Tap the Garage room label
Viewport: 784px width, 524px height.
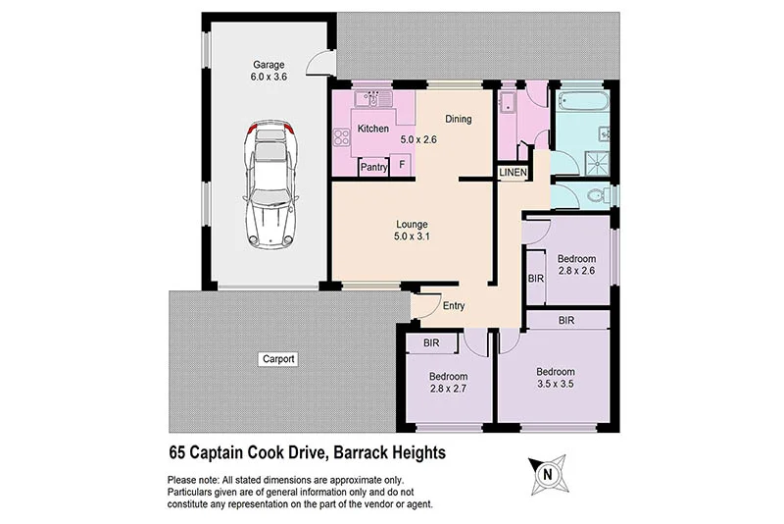[x=267, y=66]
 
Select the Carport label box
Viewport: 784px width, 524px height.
[x=277, y=359]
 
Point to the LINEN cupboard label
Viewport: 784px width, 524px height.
[x=514, y=173]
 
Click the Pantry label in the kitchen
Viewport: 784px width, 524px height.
[x=373, y=167]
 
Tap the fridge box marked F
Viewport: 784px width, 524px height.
[x=402, y=167]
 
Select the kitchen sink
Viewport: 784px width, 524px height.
[x=372, y=98]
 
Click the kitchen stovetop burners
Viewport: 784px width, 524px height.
[x=344, y=138]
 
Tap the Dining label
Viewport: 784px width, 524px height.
[x=459, y=120]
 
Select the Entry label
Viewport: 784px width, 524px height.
[x=453, y=306]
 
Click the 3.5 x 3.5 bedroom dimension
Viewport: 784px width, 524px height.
[x=555, y=386]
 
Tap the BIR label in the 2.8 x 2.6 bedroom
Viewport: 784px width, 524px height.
[x=535, y=280]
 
